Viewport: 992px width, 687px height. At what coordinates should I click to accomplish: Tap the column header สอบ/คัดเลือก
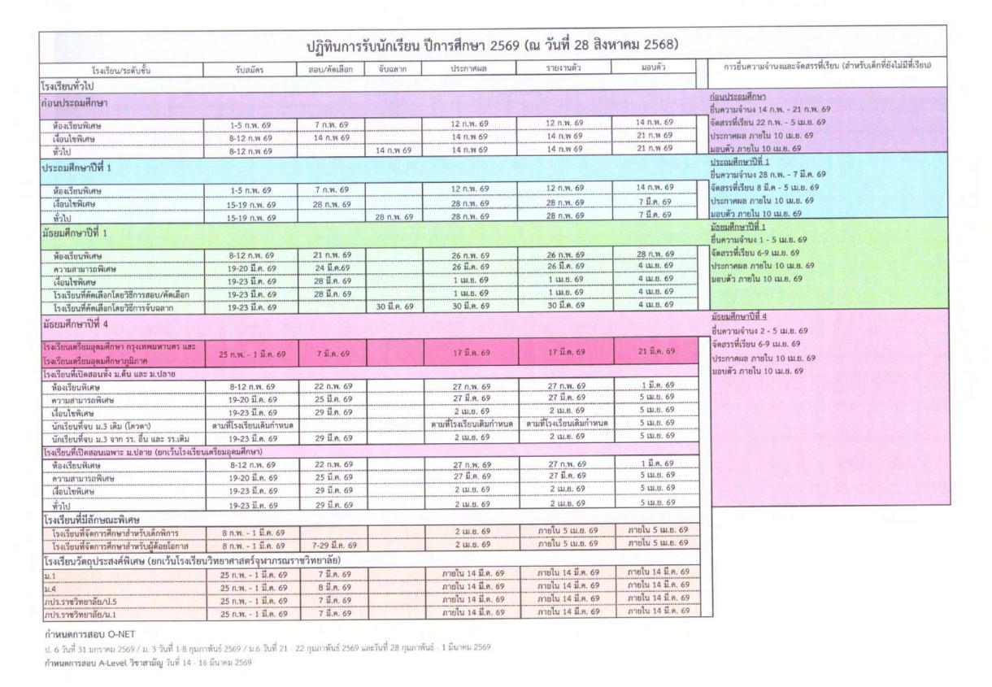tap(332, 69)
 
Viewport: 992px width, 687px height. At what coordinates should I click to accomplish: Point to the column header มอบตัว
tap(655, 69)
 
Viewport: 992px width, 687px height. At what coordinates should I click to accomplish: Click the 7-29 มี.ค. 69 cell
tap(332, 544)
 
